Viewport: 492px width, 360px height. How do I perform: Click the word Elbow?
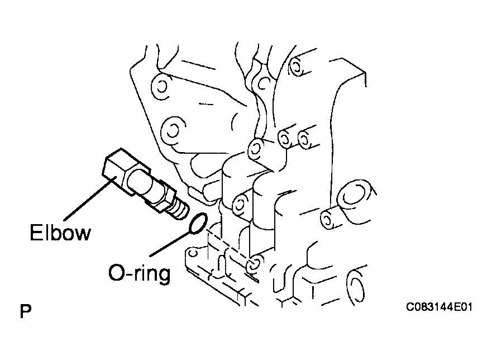point(60,233)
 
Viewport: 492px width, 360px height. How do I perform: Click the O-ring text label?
point(140,273)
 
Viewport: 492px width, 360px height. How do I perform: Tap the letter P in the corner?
point(26,311)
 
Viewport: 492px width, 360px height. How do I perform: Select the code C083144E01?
point(439,306)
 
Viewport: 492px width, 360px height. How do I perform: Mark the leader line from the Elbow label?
point(89,198)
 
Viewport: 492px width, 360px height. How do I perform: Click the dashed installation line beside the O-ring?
point(227,245)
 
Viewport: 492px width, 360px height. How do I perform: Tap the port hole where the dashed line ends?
point(255,264)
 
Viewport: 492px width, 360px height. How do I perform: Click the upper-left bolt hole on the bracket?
point(162,86)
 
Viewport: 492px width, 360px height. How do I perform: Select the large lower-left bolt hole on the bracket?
point(172,131)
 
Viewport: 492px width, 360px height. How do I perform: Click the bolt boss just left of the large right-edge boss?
point(328,219)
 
